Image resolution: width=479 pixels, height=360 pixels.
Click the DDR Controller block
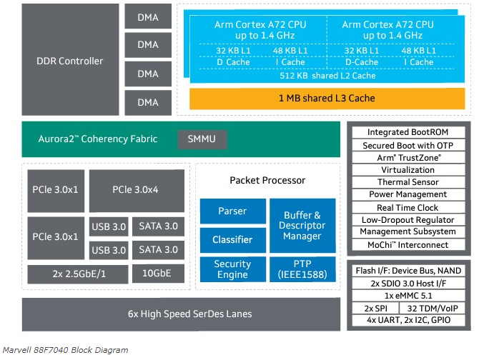(70, 61)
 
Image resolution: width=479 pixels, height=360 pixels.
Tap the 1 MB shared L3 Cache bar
(326, 98)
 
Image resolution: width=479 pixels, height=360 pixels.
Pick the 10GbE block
(157, 274)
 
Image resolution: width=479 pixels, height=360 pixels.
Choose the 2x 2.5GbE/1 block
(76, 274)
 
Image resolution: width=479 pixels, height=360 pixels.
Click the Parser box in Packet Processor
(232, 211)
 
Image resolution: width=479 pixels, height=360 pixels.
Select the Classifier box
(232, 240)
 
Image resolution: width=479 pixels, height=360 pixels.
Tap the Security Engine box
(232, 269)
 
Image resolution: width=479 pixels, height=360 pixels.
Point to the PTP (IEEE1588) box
(301, 269)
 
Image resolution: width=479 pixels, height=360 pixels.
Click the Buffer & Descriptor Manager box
(301, 225)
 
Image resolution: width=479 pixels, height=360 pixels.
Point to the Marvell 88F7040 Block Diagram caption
(66, 350)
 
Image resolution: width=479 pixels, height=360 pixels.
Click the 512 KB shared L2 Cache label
(326, 75)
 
